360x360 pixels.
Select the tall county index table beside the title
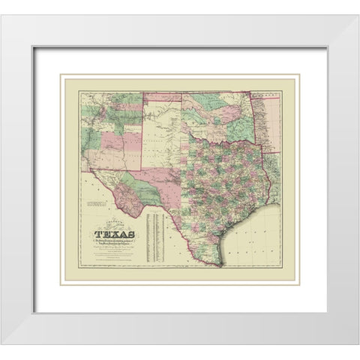(x=155, y=236)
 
